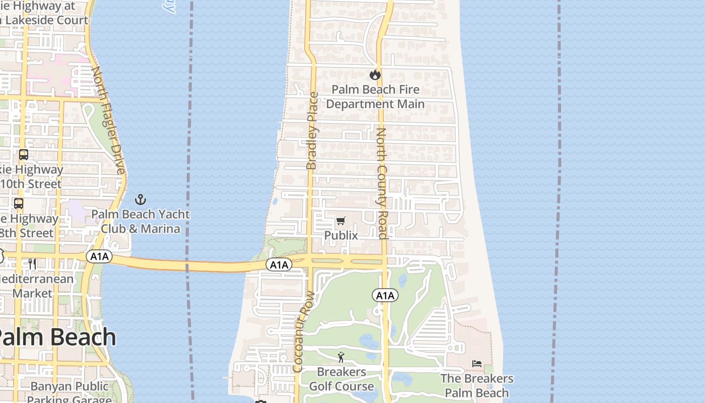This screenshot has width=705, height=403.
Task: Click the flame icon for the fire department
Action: tap(375, 75)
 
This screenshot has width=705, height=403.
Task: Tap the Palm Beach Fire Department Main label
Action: tap(375, 97)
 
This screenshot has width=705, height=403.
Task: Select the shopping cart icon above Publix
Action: tap(341, 221)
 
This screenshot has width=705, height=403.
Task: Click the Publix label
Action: tap(341, 235)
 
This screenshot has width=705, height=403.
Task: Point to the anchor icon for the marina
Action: tap(140, 199)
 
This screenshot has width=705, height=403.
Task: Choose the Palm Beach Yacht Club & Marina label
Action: tap(140, 221)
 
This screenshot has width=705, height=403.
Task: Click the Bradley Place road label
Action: tap(312, 130)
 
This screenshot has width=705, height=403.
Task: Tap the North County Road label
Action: tap(382, 183)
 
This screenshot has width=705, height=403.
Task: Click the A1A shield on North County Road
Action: tap(385, 296)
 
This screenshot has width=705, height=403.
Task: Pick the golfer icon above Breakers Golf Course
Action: tap(341, 357)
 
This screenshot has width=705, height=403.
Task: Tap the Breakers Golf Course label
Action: tap(341, 379)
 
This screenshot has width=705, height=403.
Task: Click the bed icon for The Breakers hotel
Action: tap(476, 364)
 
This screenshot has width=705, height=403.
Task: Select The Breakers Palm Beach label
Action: tap(477, 385)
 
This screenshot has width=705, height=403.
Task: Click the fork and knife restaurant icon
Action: tap(32, 263)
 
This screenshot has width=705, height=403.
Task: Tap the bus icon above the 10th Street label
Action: tap(24, 155)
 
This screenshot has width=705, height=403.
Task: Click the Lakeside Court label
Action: tap(47, 20)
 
